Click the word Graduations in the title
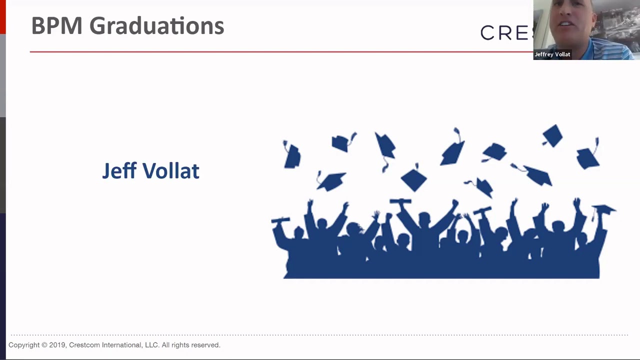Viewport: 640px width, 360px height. pyautogui.click(x=156, y=26)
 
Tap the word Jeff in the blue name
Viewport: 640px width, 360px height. pyautogui.click(x=119, y=171)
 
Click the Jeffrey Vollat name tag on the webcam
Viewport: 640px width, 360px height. pyautogui.click(x=552, y=54)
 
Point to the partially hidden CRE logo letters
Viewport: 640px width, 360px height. pyautogui.click(x=505, y=33)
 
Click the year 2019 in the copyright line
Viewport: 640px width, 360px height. pyautogui.click(x=57, y=345)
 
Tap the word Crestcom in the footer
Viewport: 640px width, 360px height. pyautogui.click(x=84, y=345)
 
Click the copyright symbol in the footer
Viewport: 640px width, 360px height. pyautogui.click(x=44, y=345)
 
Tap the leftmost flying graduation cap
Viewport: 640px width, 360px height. pyautogui.click(x=292, y=154)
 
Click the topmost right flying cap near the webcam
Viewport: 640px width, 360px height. pyautogui.click(x=552, y=135)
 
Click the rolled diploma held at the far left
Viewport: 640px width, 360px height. pyautogui.click(x=280, y=220)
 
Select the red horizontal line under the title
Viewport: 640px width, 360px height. pyautogui.click(x=280, y=51)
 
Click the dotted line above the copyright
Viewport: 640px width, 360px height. pyautogui.click(x=320, y=335)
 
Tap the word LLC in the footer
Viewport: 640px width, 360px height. pyautogui.click(x=150, y=345)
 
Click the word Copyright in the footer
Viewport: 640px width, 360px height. pyautogui.click(x=24, y=345)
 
